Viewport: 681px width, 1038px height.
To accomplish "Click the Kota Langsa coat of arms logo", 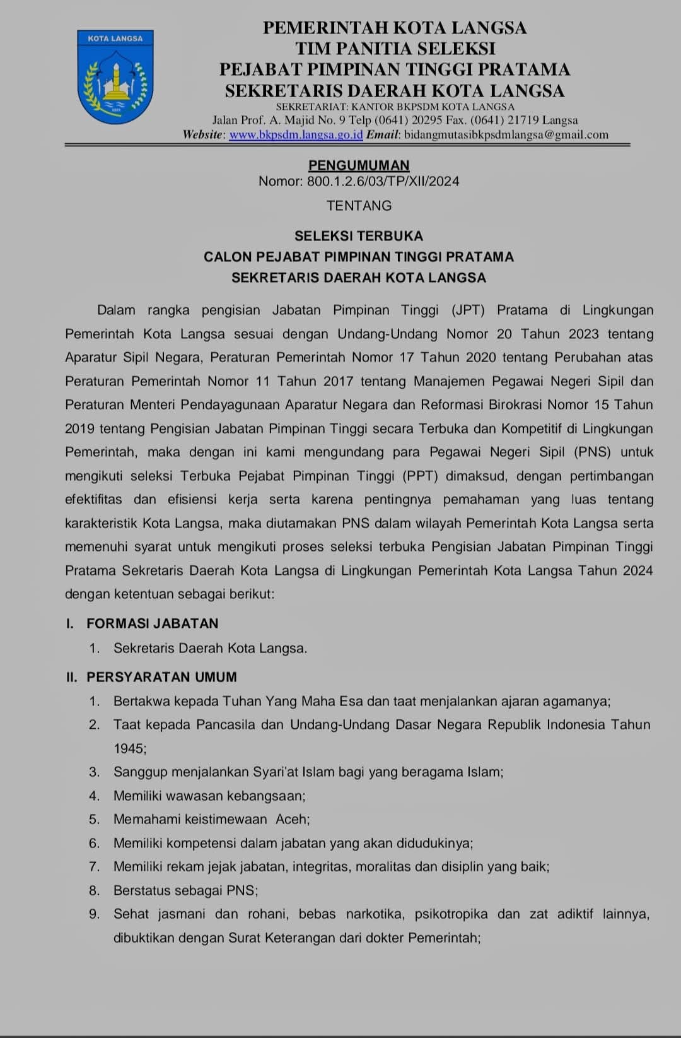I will (115, 76).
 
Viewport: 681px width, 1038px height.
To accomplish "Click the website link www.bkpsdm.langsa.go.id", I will (296, 134).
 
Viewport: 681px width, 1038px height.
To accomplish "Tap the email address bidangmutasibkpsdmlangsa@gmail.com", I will (506, 134).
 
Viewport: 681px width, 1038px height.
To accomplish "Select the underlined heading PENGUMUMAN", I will (359, 165).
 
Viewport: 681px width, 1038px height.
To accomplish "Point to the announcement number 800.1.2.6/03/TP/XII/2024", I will (383, 182).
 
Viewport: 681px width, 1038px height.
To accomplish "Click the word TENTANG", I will (359, 206).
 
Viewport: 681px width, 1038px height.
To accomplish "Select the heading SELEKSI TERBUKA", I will (359, 236).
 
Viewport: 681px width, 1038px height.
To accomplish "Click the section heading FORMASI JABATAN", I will (152, 623).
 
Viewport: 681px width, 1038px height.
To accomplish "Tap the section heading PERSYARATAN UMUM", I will (161, 677).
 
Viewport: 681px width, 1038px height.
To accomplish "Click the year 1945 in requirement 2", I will (129, 748).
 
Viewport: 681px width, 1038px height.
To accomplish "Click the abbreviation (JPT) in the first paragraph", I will (468, 310).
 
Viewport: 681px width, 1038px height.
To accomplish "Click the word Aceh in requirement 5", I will (293, 819).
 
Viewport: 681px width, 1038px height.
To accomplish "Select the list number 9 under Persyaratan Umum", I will (95, 914).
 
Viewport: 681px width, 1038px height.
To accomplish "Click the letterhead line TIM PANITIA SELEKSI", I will (395, 49).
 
